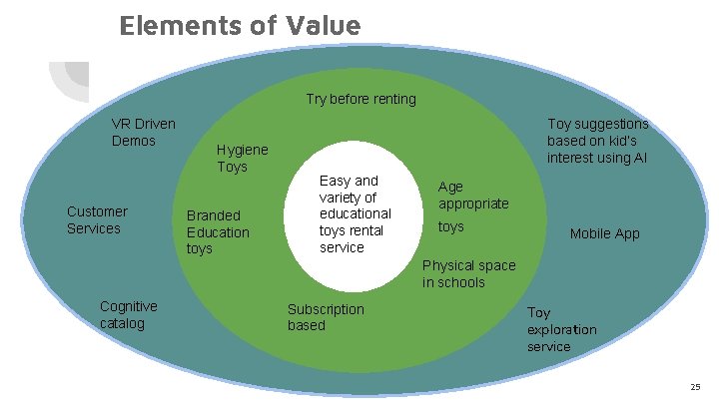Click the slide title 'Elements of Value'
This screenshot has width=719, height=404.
tap(239, 24)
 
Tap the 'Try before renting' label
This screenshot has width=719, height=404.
tap(360, 99)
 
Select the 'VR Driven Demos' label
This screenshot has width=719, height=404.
tap(143, 132)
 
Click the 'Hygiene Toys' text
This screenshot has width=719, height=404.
tap(242, 158)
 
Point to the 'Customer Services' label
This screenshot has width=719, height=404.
tap(97, 219)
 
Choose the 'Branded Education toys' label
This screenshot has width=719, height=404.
tap(218, 231)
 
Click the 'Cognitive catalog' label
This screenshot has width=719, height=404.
tap(128, 314)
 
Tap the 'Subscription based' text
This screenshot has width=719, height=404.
tap(326, 317)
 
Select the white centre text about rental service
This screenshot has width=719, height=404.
tap(355, 213)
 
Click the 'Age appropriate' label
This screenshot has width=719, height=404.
tap(472, 195)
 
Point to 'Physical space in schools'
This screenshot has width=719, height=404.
tap(468, 273)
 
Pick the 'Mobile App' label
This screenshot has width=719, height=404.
tap(604, 233)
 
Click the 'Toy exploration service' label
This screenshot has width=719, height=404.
tap(561, 329)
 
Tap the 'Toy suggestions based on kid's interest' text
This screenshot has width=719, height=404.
tap(597, 141)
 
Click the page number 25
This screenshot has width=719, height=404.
tap(695, 386)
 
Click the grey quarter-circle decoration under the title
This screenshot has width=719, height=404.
tap(72, 80)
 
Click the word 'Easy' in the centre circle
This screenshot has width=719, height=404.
tap(335, 181)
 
